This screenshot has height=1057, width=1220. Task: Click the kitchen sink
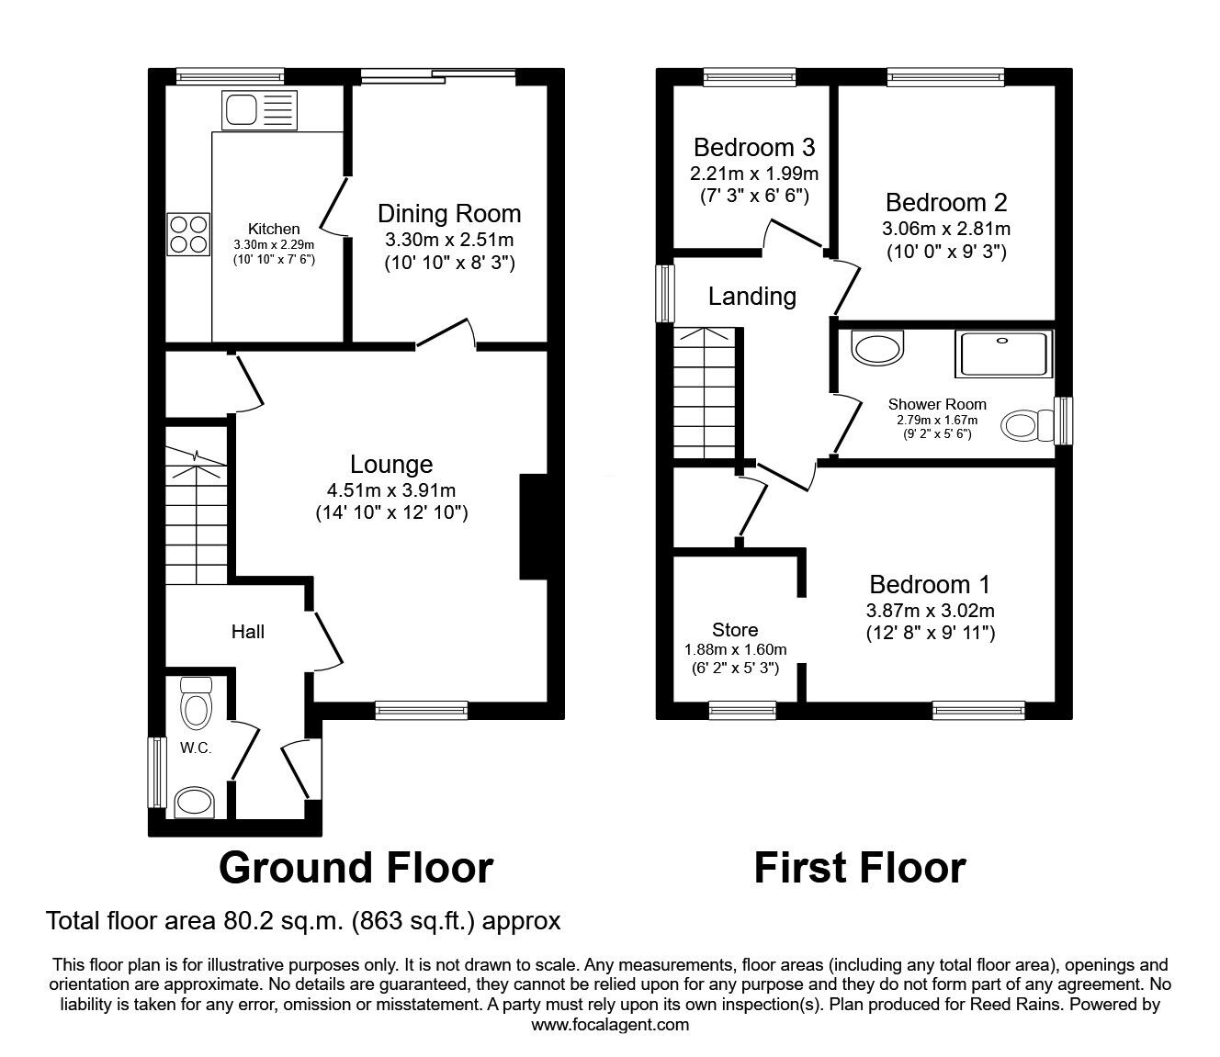coord(259,110)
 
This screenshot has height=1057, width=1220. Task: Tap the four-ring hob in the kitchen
coord(188,234)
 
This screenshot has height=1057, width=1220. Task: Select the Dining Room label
coord(449,214)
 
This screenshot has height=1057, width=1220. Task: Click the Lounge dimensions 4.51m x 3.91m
coord(391,489)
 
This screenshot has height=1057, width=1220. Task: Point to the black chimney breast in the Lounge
coord(534,526)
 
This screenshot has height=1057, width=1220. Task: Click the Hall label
coord(247,632)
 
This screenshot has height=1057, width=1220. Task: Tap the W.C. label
coord(196,748)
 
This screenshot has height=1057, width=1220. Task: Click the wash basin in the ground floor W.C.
coord(196,802)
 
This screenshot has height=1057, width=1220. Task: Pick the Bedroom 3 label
coord(754,147)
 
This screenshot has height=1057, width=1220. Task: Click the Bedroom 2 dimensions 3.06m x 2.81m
coord(946,229)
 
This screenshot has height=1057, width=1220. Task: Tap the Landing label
coord(752,297)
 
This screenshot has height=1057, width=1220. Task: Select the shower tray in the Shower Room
coord(1003,354)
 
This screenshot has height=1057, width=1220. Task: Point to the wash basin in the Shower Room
coord(877,348)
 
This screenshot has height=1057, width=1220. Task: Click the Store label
coord(735,630)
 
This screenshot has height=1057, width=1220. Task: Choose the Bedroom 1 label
coord(930,584)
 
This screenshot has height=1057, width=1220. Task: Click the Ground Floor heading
coord(356,868)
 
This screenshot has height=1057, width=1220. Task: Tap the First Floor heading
coord(860,868)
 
